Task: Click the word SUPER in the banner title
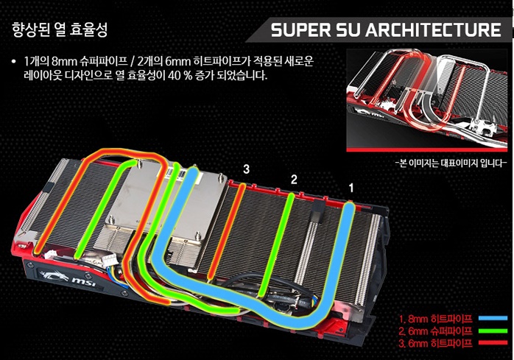303,31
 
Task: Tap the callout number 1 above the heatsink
351,187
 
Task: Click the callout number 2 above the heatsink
293,179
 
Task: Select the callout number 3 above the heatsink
246,169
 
